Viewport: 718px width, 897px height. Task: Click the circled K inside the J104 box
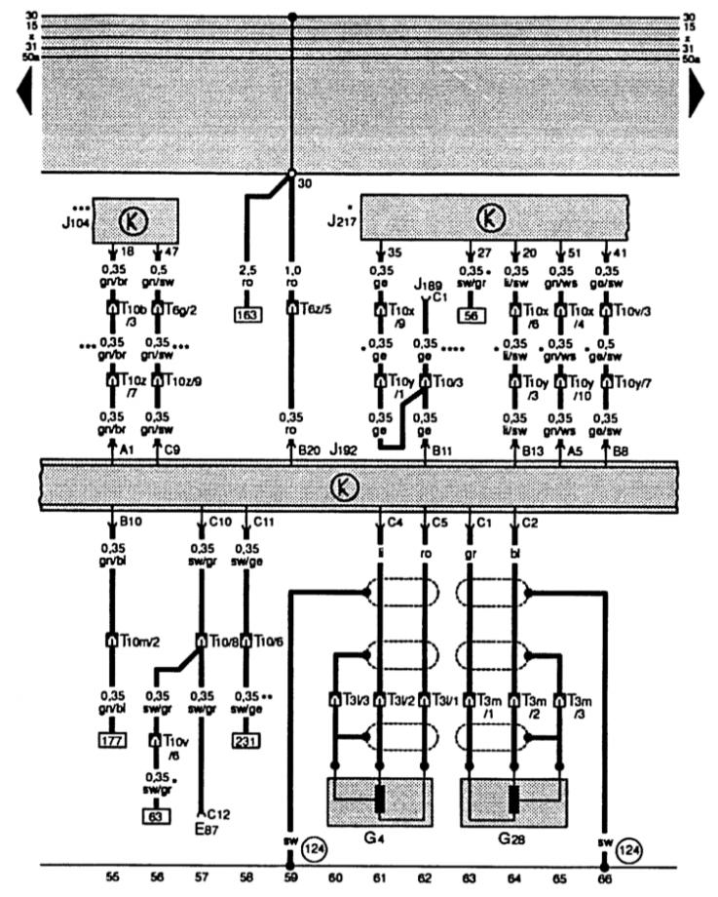pos(133,223)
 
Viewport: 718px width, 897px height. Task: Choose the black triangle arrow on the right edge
pos(699,93)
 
